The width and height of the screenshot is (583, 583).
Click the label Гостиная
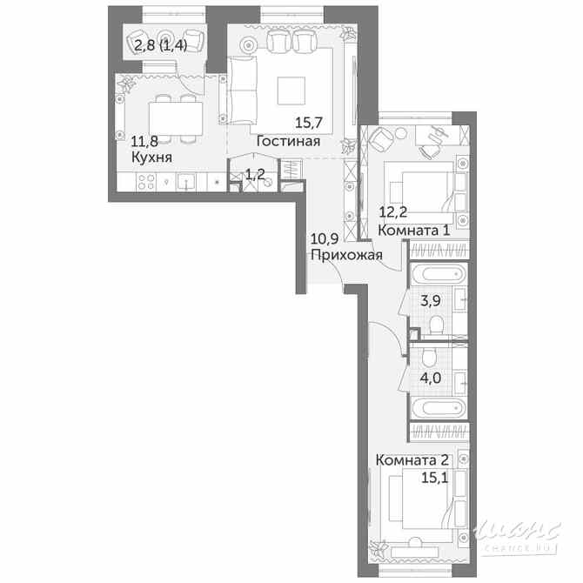[x=288, y=142]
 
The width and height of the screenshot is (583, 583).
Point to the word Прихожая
[x=346, y=255]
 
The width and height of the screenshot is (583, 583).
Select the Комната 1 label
[x=414, y=231]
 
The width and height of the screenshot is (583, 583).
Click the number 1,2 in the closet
[x=254, y=174]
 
